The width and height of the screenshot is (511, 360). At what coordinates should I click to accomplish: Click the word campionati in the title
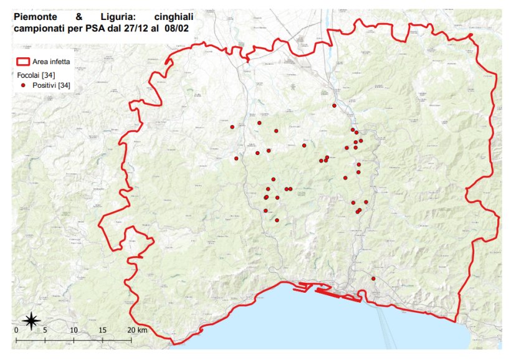tap(41, 28)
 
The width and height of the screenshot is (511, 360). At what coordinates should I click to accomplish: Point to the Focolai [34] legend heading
tap(36, 75)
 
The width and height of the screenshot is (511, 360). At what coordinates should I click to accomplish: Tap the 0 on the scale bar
tap(16, 330)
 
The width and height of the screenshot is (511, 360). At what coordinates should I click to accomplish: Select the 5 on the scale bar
tap(45, 330)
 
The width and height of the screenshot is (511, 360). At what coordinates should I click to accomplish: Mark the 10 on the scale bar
tap(74, 330)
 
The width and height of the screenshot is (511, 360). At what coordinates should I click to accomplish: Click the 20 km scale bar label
tap(137, 330)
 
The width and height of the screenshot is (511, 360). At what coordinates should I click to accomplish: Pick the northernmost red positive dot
tap(335, 106)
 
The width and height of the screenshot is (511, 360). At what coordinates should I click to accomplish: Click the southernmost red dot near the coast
tap(373, 278)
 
